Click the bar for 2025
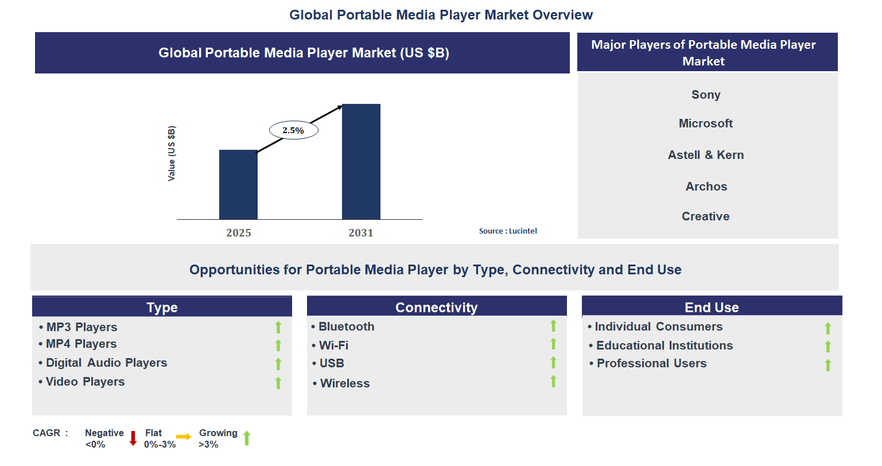238,184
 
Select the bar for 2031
361,161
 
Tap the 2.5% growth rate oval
293,130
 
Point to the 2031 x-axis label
361,232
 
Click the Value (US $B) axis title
172,153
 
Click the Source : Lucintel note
508,231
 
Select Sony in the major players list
706,95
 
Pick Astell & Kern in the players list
706,155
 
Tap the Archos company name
706,187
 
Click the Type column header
162,307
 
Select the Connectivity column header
436,307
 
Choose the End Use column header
712,307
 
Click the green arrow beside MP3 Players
278,327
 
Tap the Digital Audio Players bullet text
107,363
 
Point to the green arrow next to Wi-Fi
553,344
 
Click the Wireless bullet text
345,383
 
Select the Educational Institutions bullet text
665,345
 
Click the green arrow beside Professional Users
828,365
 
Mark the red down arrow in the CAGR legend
133,438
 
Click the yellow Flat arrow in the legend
184,437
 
